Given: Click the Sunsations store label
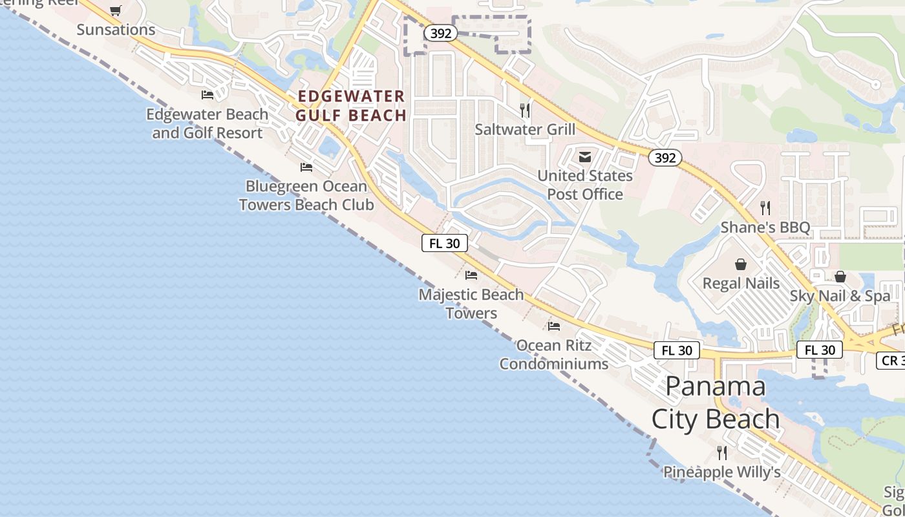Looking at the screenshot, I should [x=116, y=30].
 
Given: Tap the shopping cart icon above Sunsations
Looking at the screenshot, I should [x=116, y=10].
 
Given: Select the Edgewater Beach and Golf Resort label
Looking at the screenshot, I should [x=207, y=123].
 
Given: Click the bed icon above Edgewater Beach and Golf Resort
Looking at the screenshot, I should [x=208, y=95].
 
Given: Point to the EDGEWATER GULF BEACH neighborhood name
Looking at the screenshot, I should [x=351, y=106].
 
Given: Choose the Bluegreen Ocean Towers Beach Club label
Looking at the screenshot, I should [x=306, y=195].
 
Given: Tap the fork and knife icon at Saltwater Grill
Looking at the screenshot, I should [x=525, y=111].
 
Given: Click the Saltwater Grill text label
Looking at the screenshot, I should [x=525, y=129].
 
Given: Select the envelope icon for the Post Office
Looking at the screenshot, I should [x=585, y=156].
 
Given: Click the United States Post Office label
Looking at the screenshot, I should [x=585, y=185].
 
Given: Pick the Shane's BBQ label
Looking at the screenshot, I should [x=765, y=227].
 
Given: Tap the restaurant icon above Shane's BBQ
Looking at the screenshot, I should [x=765, y=208].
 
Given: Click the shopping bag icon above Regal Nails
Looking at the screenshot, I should [x=741, y=264].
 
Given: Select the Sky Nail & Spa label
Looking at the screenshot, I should [x=840, y=296].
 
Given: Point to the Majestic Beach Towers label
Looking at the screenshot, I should [x=471, y=304].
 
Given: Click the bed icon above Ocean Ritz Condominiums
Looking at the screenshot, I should [x=554, y=326].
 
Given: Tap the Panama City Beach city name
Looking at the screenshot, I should [x=716, y=402].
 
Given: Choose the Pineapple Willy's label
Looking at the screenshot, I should [x=722, y=472].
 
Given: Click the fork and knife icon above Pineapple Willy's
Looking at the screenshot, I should [x=722, y=452].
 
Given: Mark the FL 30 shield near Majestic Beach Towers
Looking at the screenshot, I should [x=445, y=243].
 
